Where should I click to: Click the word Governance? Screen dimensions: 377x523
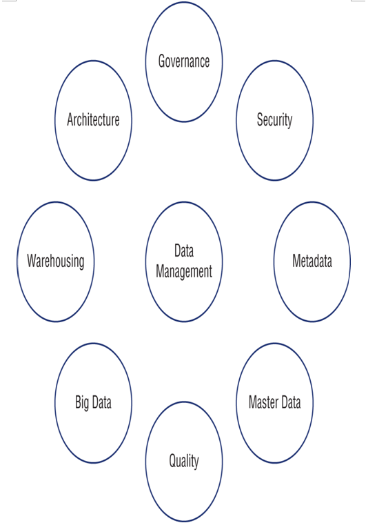tap(184, 61)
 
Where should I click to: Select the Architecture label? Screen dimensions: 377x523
tap(93, 119)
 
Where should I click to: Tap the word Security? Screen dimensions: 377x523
tap(274, 120)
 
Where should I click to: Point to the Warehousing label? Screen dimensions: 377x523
tap(56, 261)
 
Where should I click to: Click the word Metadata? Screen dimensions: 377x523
tap(312, 261)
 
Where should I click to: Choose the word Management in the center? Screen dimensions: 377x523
tap(184, 272)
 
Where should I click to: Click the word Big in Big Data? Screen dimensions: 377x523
tap(82, 402)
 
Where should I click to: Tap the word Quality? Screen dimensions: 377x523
tap(184, 462)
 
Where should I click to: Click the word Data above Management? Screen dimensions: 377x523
tap(184, 250)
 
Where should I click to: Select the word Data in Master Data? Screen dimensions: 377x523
tap(292, 402)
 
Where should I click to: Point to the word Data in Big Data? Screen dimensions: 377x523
tap(101, 402)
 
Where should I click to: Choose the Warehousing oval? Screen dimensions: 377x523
tap(17, 261)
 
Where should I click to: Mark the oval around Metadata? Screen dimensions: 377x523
tap(274, 261)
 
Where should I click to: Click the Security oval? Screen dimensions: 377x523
tap(236, 121)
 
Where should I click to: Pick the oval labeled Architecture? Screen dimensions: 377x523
tap(55, 121)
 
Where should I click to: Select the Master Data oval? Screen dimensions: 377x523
tap(236, 403)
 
